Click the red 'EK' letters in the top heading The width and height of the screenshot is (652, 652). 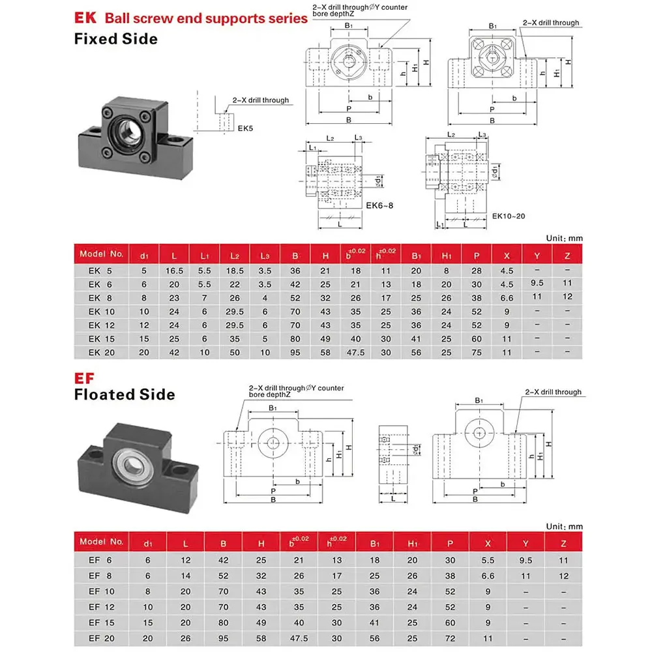(86, 18)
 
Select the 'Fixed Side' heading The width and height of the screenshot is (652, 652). (115, 38)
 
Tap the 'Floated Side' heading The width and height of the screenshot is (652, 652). (124, 394)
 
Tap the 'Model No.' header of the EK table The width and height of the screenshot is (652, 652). (101, 253)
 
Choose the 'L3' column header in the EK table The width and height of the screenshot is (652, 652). (265, 254)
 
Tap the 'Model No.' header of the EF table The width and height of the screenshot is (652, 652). (101, 541)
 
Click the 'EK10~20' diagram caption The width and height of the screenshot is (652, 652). (509, 215)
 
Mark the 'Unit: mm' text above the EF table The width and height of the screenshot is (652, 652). (564, 526)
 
